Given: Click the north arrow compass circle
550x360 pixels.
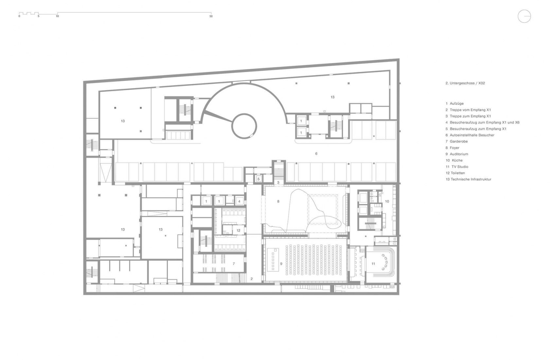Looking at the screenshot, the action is [x=518, y=16].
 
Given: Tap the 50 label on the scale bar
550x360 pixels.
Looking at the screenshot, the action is [x=211, y=16].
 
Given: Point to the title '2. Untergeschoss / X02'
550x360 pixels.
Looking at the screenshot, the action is [x=465, y=83].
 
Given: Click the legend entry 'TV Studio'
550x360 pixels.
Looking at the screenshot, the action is [x=460, y=167].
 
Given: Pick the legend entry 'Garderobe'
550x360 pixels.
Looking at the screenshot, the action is [x=459, y=141].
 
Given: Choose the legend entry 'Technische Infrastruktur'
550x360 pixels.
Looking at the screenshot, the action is [x=471, y=179].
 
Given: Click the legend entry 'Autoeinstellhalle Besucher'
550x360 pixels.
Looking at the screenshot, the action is [x=472, y=135].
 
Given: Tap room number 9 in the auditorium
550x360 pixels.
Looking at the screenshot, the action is [x=281, y=264].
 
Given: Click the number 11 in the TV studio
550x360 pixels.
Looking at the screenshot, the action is [x=373, y=264].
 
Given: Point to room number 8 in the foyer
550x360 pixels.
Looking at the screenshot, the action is [x=278, y=201].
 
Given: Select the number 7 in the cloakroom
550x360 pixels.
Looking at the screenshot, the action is [x=234, y=264].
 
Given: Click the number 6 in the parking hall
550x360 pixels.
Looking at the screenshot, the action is [x=316, y=154].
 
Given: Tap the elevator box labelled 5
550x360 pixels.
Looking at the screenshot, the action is [x=258, y=179].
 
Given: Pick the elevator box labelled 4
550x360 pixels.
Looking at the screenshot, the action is [x=240, y=201].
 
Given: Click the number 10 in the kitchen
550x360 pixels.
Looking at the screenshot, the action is [x=387, y=201].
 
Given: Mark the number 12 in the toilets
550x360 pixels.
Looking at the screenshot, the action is [x=238, y=231].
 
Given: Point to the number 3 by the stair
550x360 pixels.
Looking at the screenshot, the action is [x=278, y=183].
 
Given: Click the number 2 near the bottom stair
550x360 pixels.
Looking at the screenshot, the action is [x=252, y=279].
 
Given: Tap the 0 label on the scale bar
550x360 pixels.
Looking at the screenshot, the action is [x=19, y=16].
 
